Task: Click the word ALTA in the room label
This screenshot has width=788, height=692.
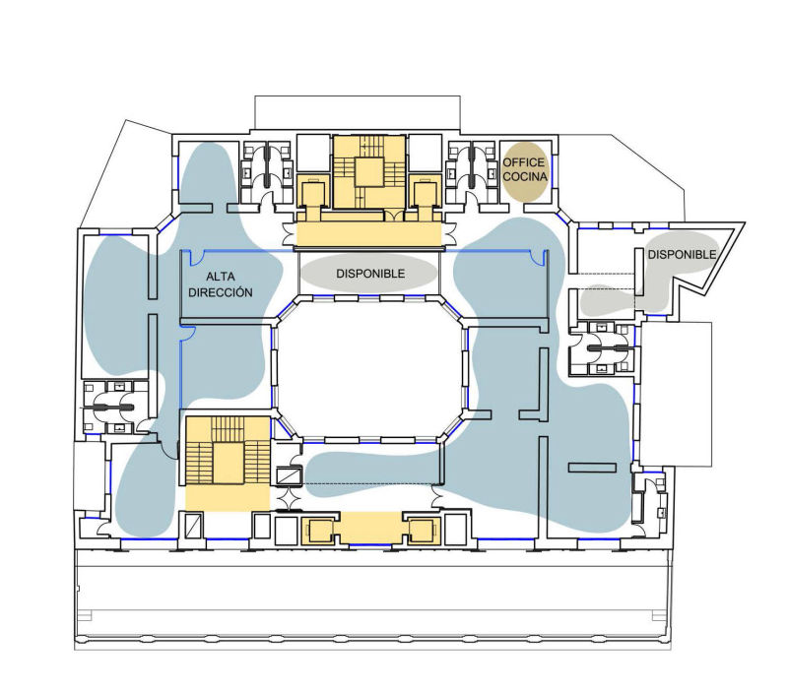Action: pos(220,277)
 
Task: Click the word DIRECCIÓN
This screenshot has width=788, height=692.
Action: pos(220,292)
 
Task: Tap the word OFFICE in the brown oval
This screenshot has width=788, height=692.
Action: pos(524,162)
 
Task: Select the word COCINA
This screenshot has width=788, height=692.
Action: pos(525,176)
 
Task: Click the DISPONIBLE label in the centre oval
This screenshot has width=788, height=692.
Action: pos(370,274)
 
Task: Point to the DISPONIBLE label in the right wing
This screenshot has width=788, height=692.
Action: pos(682,255)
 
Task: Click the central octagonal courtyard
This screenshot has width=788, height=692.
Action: pos(368,369)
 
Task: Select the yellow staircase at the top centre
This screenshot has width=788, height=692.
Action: pos(369,171)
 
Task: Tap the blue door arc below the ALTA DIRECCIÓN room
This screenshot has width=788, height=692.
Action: pos(188,333)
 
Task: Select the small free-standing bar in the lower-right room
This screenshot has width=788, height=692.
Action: pos(592,468)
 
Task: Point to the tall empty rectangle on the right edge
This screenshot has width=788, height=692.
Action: pos(676,394)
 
